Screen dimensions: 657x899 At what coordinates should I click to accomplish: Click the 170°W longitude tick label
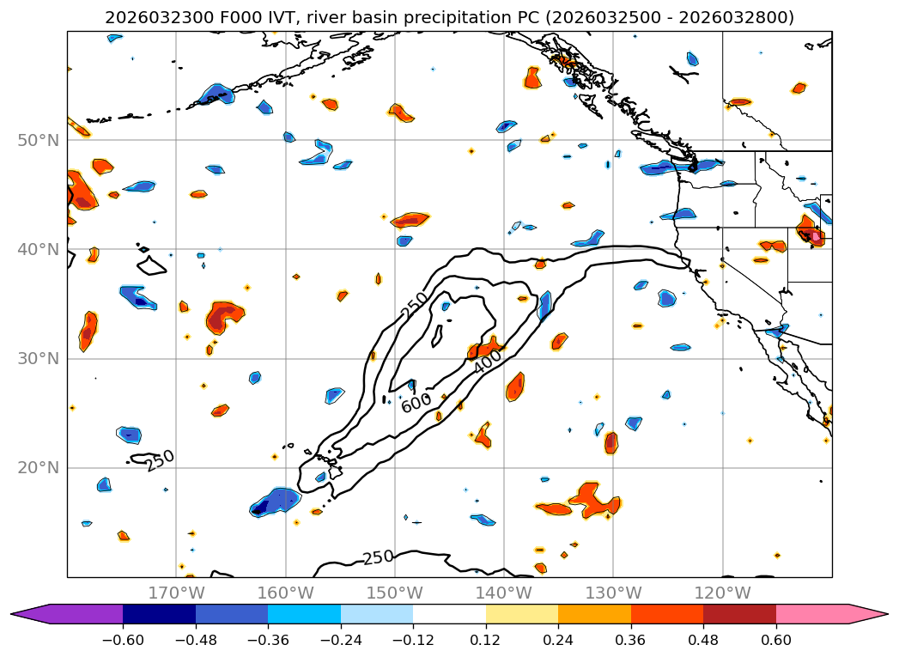(176, 593)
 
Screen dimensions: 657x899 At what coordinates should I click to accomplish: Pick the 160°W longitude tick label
(285, 593)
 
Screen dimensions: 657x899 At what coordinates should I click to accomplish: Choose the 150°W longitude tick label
(394, 593)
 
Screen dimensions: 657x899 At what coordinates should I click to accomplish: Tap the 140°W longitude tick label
(504, 593)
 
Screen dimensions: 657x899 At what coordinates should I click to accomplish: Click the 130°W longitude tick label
(613, 593)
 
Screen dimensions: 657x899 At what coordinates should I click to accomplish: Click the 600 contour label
(416, 403)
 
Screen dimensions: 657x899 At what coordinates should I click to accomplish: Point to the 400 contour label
(487, 364)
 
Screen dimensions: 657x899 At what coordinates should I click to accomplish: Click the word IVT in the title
(249, 17)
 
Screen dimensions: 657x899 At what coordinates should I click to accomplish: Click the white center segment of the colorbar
(449, 614)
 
